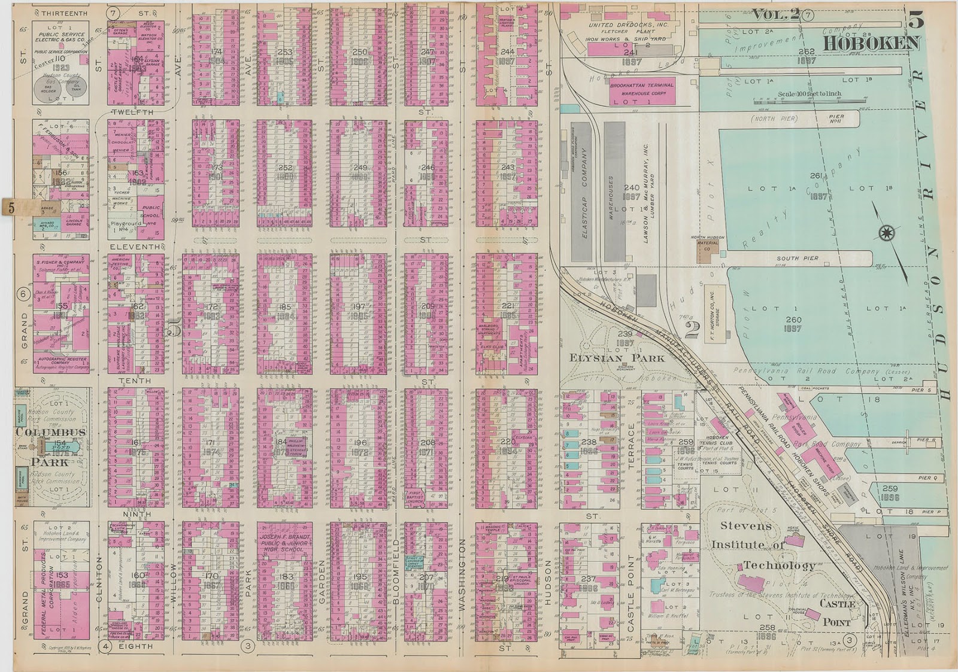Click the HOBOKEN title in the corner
(x=871, y=43)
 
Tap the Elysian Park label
(x=617, y=358)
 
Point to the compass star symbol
(x=886, y=233)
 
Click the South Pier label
(x=797, y=259)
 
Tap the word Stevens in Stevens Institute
(x=745, y=526)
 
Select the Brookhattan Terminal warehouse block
(x=642, y=90)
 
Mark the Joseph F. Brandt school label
(x=285, y=543)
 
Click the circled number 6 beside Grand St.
(x=24, y=294)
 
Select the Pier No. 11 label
(x=836, y=119)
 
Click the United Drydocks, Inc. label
(x=627, y=25)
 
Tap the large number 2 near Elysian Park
(x=692, y=330)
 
